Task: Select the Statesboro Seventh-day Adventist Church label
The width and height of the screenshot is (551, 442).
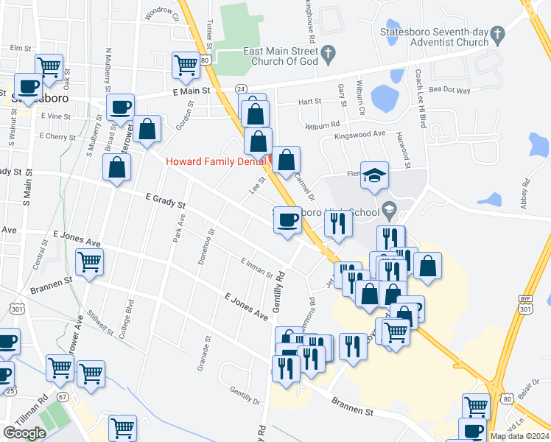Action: coord(433,37)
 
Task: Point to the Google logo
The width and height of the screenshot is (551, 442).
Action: coord(24,433)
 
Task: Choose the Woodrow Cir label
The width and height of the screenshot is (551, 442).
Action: coord(163,14)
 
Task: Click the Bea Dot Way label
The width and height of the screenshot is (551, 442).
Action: coord(449,90)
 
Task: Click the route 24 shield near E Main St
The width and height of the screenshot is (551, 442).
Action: coord(241,88)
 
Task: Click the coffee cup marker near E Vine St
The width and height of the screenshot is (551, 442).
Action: coord(120,108)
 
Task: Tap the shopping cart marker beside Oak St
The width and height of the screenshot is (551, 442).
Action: coord(49,67)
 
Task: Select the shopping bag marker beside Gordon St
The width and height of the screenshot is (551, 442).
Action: coord(147,128)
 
